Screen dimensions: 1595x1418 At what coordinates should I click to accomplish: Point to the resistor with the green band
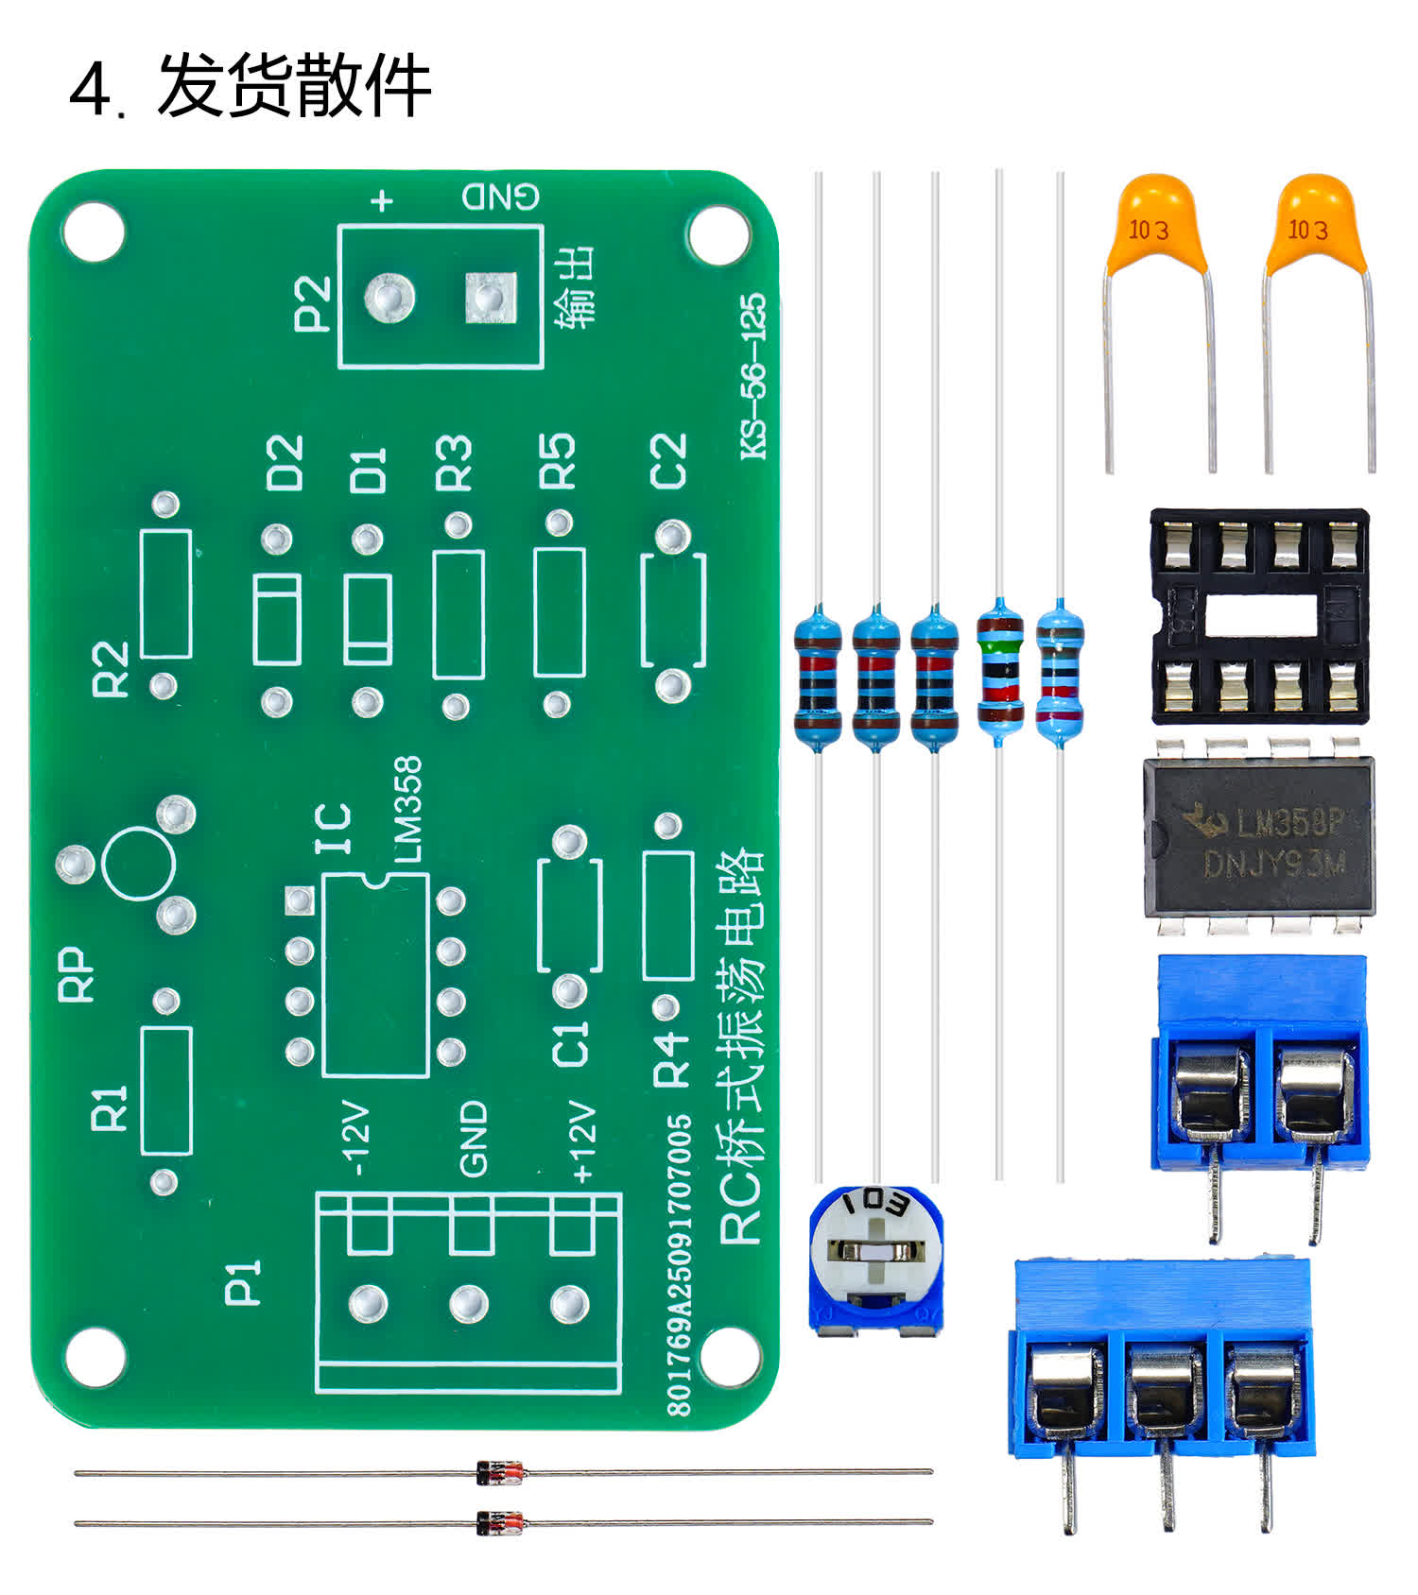pyautogui.click(x=1000, y=672)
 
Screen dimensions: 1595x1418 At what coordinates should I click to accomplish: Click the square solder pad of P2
pyautogui.click(x=491, y=298)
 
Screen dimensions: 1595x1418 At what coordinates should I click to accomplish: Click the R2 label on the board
pyautogui.click(x=111, y=668)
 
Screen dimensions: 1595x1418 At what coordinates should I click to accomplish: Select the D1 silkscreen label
pyautogui.click(x=369, y=471)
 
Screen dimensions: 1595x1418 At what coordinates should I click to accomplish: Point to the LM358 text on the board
pyautogui.click(x=407, y=809)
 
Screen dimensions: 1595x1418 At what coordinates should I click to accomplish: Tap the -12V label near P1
pyautogui.click(x=356, y=1139)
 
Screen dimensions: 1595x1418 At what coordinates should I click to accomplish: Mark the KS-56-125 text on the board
pyautogui.click(x=753, y=377)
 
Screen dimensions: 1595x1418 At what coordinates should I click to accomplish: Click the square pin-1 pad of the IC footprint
pyautogui.click(x=300, y=900)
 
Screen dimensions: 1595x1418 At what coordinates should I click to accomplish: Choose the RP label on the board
pyautogui.click(x=78, y=974)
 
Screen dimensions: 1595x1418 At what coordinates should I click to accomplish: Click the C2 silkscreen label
pyautogui.click(x=668, y=461)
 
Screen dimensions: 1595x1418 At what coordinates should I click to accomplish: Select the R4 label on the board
pyautogui.click(x=671, y=1058)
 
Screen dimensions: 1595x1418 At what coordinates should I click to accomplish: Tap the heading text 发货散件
pyautogui.click(x=294, y=86)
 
